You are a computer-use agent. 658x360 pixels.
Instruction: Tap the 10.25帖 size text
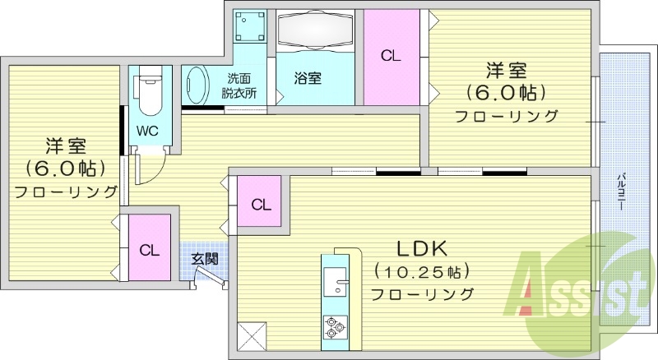pos(421,271)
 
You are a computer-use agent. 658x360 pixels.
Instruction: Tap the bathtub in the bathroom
pos(315,33)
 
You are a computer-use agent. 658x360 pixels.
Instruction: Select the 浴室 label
pos(308,78)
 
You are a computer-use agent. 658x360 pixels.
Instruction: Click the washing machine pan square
pos(250,29)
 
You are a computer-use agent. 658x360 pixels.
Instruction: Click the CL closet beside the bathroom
pos(391,56)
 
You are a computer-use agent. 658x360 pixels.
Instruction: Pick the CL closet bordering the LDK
pos(261,204)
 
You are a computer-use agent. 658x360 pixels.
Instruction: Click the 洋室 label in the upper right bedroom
pos(507,72)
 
